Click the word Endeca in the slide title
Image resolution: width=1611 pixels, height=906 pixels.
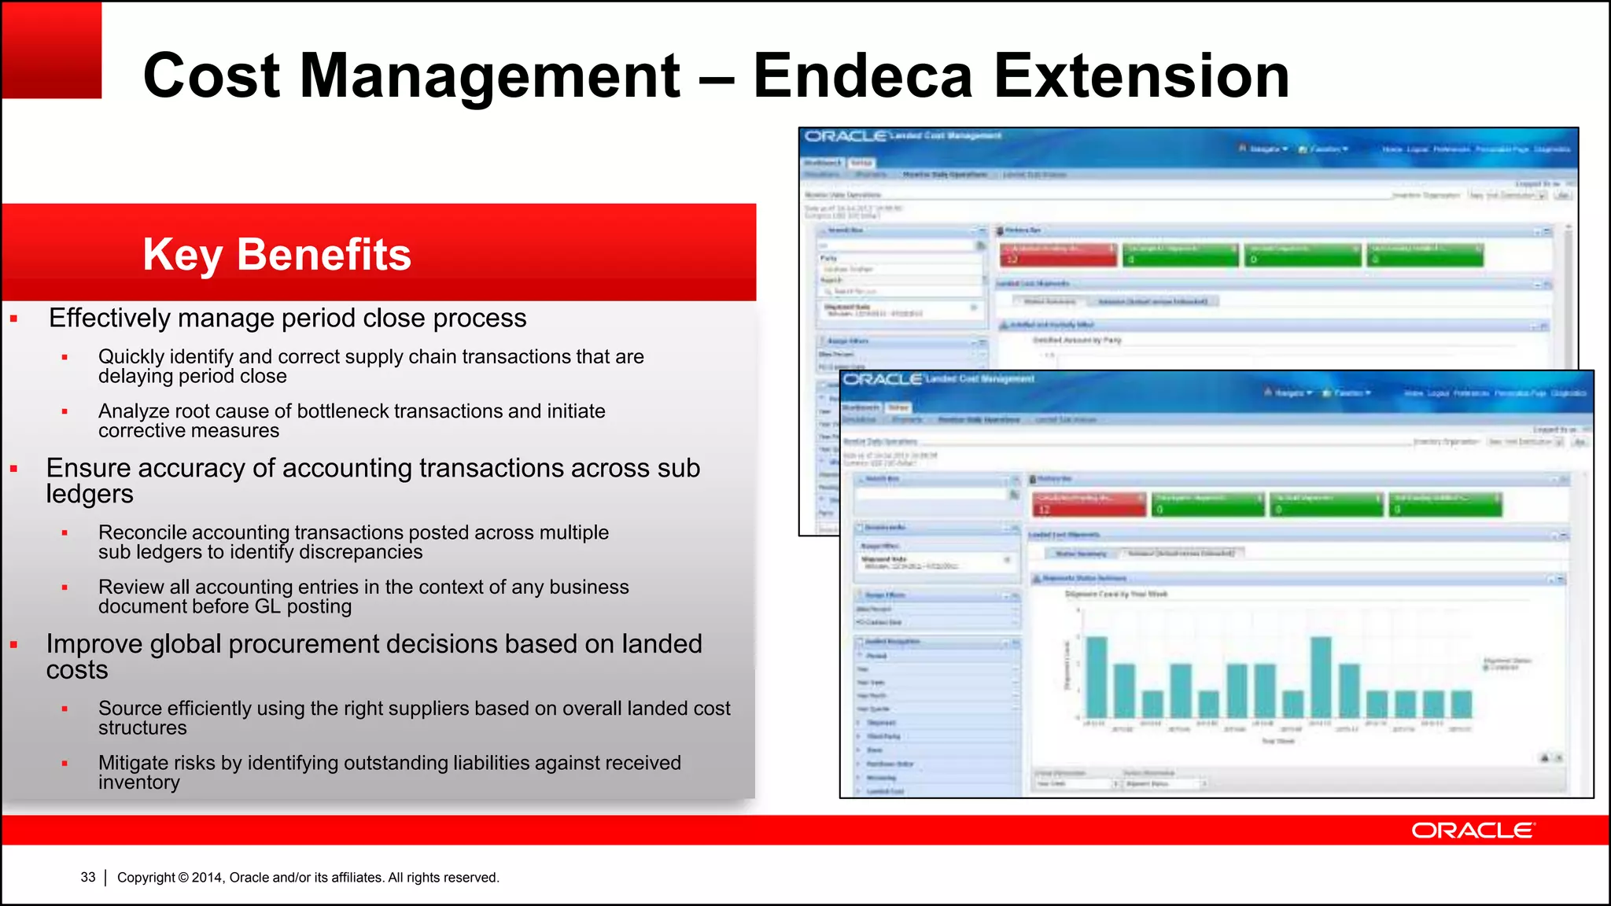[x=863, y=75]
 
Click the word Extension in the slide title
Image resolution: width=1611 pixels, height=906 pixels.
[x=1141, y=75]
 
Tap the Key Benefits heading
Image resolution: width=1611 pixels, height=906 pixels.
[x=277, y=254]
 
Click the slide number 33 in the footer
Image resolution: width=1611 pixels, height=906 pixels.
[x=88, y=877]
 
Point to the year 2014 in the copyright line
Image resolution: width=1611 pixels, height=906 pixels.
[x=208, y=877]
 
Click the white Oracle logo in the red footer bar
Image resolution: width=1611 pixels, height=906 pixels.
[x=1473, y=830]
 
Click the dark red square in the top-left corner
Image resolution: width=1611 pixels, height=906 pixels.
[x=51, y=50]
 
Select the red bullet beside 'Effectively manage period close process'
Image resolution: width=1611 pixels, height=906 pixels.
[x=14, y=319]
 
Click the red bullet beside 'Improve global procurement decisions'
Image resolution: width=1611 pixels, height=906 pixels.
[x=14, y=645]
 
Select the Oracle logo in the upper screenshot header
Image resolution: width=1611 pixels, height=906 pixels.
[x=846, y=137]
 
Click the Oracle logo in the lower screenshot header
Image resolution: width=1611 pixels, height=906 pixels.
[x=883, y=379]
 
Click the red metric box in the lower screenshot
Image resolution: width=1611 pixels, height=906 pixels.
[x=1089, y=504]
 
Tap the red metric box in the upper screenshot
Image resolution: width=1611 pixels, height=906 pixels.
[x=1058, y=254]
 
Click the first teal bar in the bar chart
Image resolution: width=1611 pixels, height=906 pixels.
[x=1097, y=676]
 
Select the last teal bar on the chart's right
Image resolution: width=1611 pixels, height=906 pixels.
[x=1462, y=704]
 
